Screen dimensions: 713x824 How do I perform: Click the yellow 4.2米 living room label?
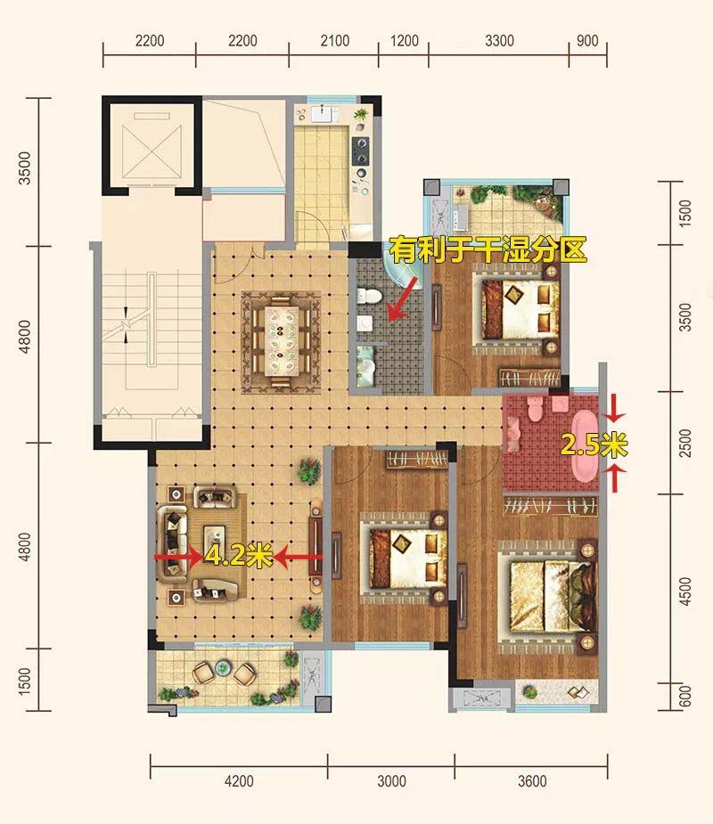click(238, 556)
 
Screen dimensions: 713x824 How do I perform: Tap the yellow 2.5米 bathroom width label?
click(594, 445)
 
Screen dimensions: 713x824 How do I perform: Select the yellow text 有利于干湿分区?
click(488, 249)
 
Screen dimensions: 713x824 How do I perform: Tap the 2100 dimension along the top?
click(335, 41)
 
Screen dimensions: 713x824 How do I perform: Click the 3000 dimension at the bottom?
click(391, 781)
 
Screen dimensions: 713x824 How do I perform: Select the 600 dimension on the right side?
click(685, 697)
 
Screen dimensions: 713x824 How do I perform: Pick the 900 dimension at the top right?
click(587, 41)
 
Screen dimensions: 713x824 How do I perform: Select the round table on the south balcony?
click(224, 668)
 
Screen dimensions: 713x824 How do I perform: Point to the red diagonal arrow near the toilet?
click(402, 299)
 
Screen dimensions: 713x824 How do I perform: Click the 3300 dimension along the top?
click(499, 41)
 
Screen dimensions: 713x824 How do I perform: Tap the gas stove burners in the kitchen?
click(361, 151)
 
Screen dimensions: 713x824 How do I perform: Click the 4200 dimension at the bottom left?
click(239, 781)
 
